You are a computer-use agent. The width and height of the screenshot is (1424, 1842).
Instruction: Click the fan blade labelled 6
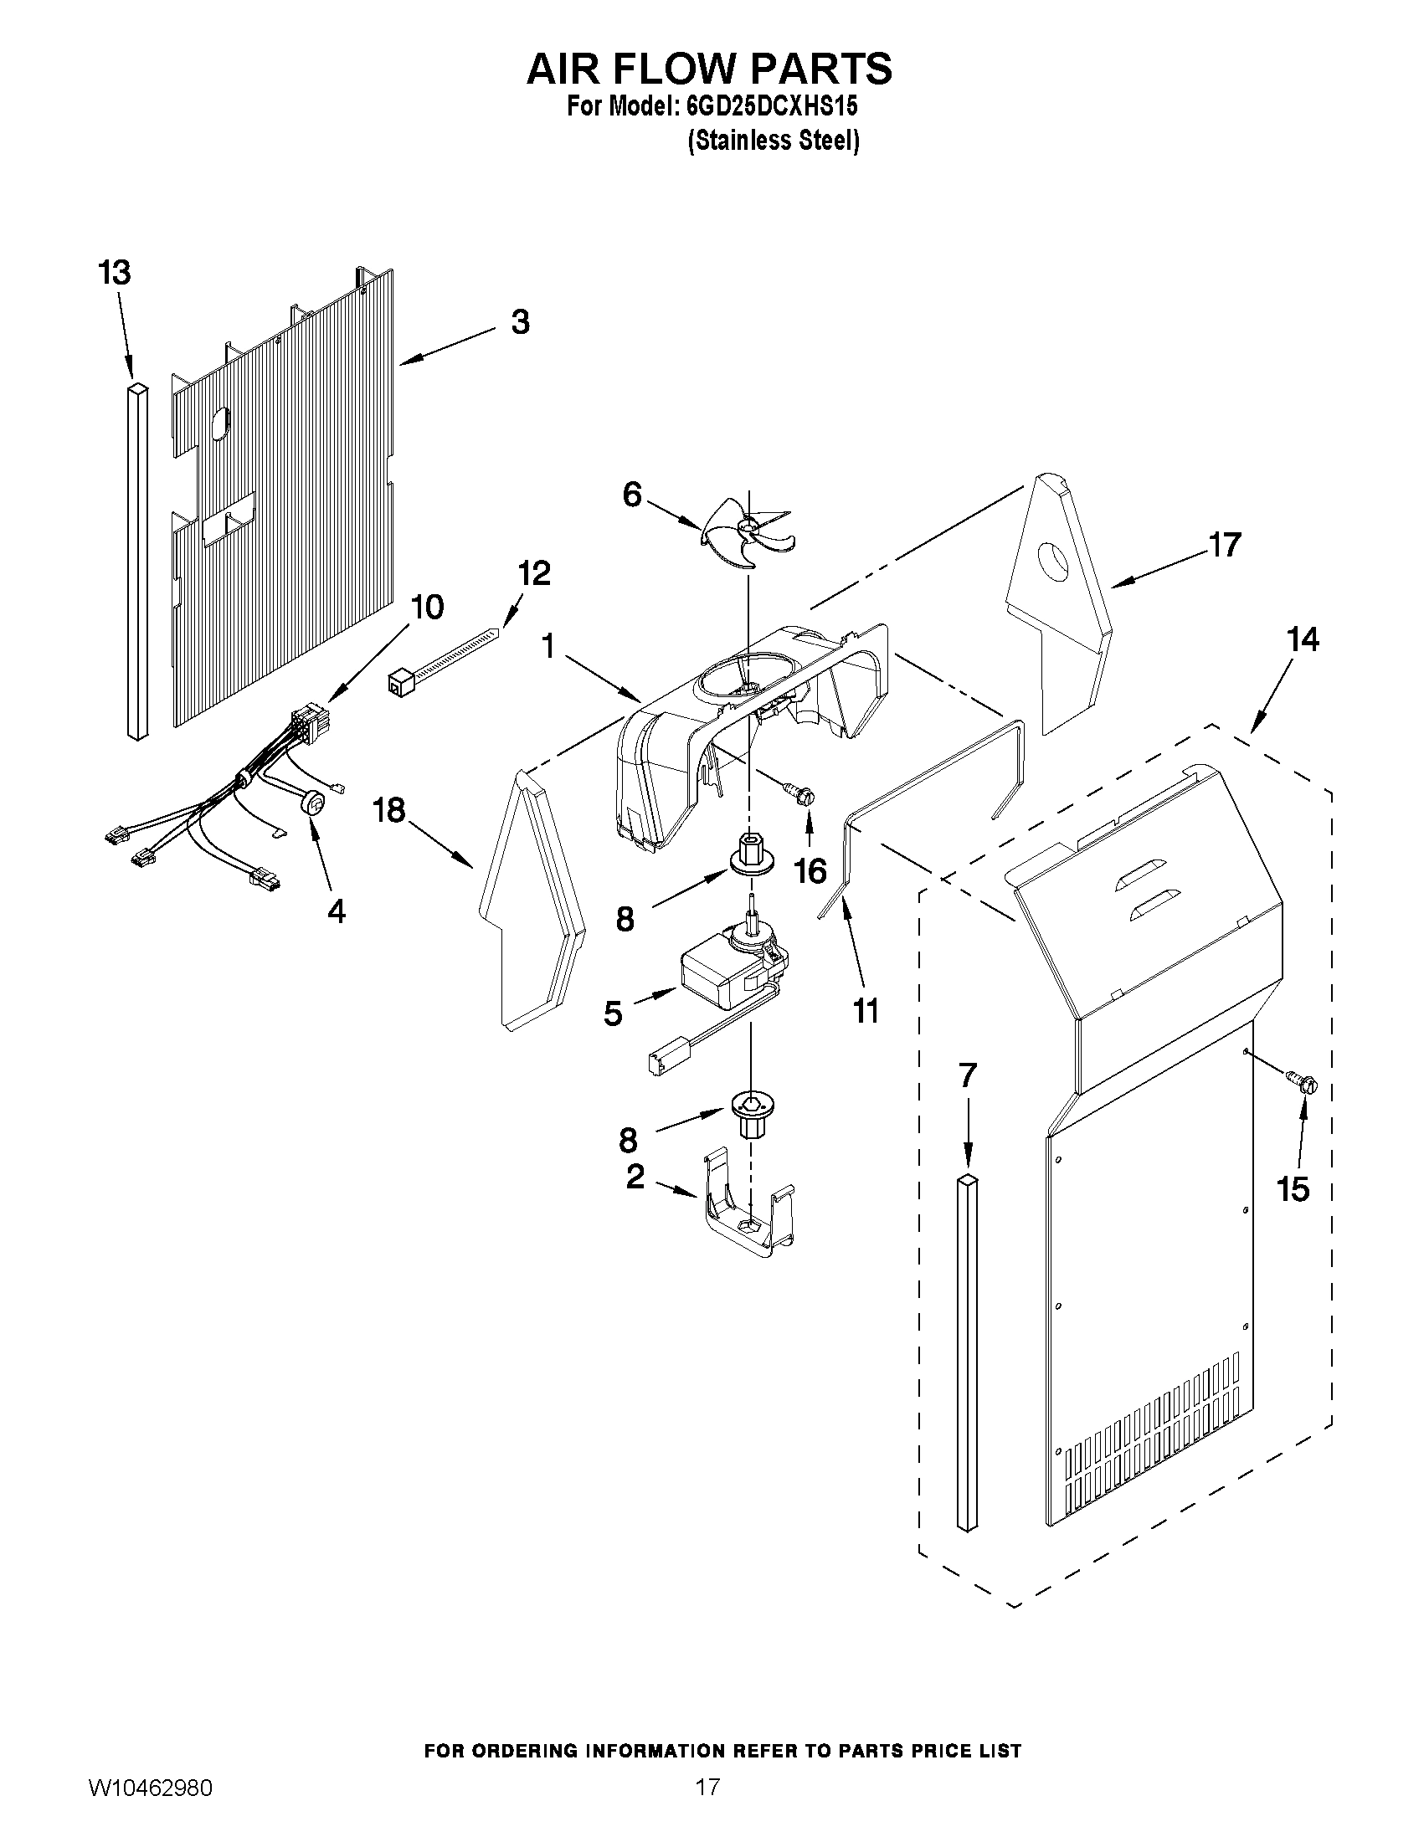pos(747,531)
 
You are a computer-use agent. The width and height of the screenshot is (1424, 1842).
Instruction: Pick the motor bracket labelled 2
pos(746,1219)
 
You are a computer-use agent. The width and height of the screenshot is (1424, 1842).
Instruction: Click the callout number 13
pos(115,274)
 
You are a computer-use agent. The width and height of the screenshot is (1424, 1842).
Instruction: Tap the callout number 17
pos(1225,545)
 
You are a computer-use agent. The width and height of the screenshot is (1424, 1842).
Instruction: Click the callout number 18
pos(391,810)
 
